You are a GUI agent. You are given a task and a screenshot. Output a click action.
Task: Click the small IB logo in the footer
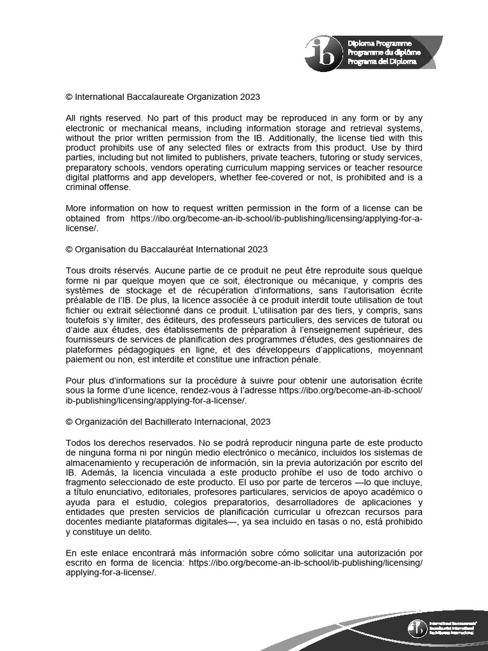(417, 628)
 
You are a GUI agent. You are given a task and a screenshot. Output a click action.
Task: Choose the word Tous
(76, 270)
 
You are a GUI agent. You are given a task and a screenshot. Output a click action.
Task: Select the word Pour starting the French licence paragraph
(76, 380)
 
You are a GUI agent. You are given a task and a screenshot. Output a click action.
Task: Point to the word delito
(146, 532)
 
